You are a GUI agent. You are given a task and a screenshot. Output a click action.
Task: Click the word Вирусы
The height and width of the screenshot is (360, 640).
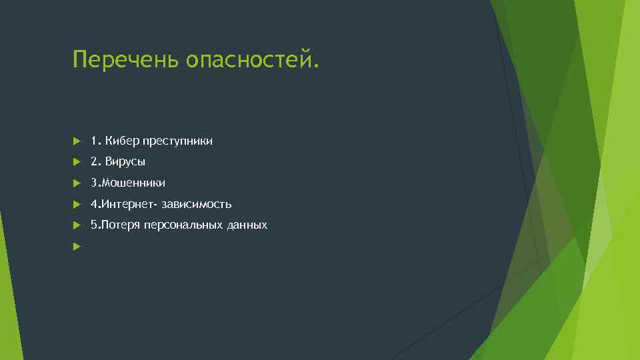pos(125,162)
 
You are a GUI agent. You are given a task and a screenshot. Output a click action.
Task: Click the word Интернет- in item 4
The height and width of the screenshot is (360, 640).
pos(129,204)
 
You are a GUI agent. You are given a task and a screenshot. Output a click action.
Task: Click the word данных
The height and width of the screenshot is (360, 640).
pos(247,225)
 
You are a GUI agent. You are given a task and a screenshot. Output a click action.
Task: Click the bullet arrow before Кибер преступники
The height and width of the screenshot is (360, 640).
pos(77,141)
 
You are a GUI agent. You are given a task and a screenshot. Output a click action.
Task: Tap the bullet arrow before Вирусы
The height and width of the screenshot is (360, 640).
pos(77,162)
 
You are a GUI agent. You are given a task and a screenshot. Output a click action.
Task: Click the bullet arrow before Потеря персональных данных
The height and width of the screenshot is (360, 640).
pos(77,225)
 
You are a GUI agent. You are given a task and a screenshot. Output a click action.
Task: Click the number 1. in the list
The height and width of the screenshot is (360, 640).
pos(96,141)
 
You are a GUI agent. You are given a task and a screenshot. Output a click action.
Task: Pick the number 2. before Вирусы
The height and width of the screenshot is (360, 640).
pos(96,162)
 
